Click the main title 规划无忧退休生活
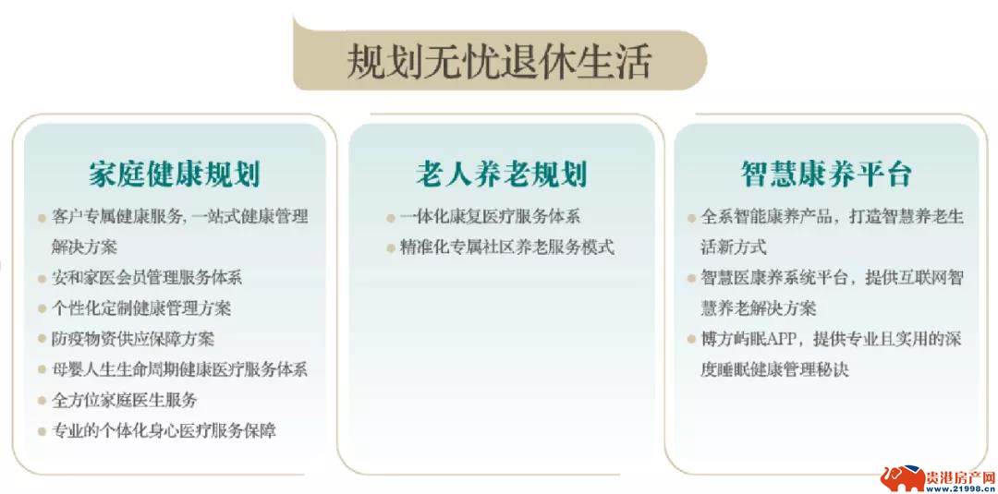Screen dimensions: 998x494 coord(500,62)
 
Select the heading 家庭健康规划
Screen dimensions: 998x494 coord(175,175)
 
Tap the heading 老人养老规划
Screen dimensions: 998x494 coord(501,175)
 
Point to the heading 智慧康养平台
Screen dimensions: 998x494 coord(827,175)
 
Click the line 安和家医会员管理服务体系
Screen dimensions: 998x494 coord(147,278)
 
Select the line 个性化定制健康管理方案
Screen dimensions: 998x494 coord(141,308)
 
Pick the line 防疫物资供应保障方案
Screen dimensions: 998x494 coord(133,339)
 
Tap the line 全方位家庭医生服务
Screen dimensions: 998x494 coord(125,401)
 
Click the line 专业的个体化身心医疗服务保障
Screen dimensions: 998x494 coord(164,431)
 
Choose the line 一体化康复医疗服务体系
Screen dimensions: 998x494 coord(490,217)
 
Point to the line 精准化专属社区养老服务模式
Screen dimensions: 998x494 coord(506,247)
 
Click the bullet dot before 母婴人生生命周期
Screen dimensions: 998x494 coord(42,370)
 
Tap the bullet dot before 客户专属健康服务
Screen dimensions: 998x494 coord(42,218)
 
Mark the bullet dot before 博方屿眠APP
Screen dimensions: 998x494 coord(691,340)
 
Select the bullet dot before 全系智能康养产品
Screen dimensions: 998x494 coord(691,218)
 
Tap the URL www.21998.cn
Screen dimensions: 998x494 coord(959,489)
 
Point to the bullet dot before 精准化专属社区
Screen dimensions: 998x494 coord(390,248)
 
